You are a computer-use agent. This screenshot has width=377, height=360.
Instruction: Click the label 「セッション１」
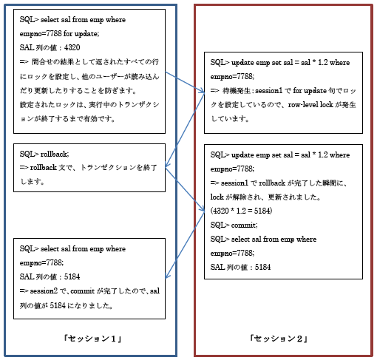92,339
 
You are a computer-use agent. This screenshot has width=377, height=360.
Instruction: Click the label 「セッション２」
279,339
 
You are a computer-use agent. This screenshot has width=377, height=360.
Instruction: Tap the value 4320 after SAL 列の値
72,47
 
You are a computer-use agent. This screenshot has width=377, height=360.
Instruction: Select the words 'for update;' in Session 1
81,33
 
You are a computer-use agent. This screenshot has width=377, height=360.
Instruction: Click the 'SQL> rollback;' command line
44,154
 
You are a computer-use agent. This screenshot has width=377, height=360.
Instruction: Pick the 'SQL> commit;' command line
234,225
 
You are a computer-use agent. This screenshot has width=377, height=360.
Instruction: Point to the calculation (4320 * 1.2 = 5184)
241,211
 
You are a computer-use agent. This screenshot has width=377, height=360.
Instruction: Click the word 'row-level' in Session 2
303,105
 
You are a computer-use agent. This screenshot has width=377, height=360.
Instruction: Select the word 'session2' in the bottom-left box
44,291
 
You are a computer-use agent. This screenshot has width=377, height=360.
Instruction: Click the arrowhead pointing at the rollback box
166,165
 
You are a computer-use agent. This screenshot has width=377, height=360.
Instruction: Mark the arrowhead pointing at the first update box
203,91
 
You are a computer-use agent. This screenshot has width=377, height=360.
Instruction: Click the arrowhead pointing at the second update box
203,209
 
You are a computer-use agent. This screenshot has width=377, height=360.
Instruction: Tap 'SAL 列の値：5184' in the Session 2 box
240,268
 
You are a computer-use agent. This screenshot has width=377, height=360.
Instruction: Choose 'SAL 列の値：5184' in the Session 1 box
50,277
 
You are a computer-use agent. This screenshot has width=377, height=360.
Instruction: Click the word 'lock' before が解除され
217,197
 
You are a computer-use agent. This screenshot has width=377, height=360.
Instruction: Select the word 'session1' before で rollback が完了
234,183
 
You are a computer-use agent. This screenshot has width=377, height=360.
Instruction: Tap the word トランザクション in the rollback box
109,168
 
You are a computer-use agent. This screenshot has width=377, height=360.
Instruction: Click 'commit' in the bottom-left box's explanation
83,291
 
